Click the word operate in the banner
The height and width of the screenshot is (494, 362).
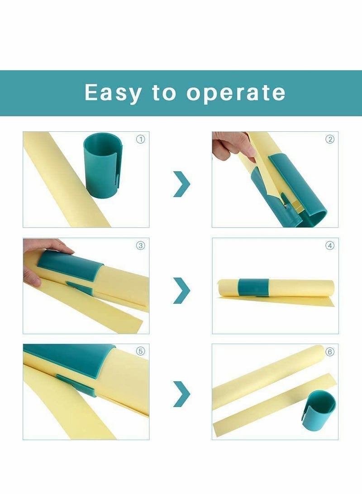click(x=236, y=93)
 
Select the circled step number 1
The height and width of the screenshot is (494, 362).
click(x=140, y=139)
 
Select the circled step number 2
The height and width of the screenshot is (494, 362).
click(x=330, y=139)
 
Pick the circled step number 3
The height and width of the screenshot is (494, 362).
click(x=140, y=246)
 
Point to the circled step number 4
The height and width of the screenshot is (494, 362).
click(x=330, y=246)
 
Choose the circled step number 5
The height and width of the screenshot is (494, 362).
click(x=140, y=351)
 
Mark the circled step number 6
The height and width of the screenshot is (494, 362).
click(x=330, y=351)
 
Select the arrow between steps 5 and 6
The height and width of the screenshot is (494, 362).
click(x=181, y=393)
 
